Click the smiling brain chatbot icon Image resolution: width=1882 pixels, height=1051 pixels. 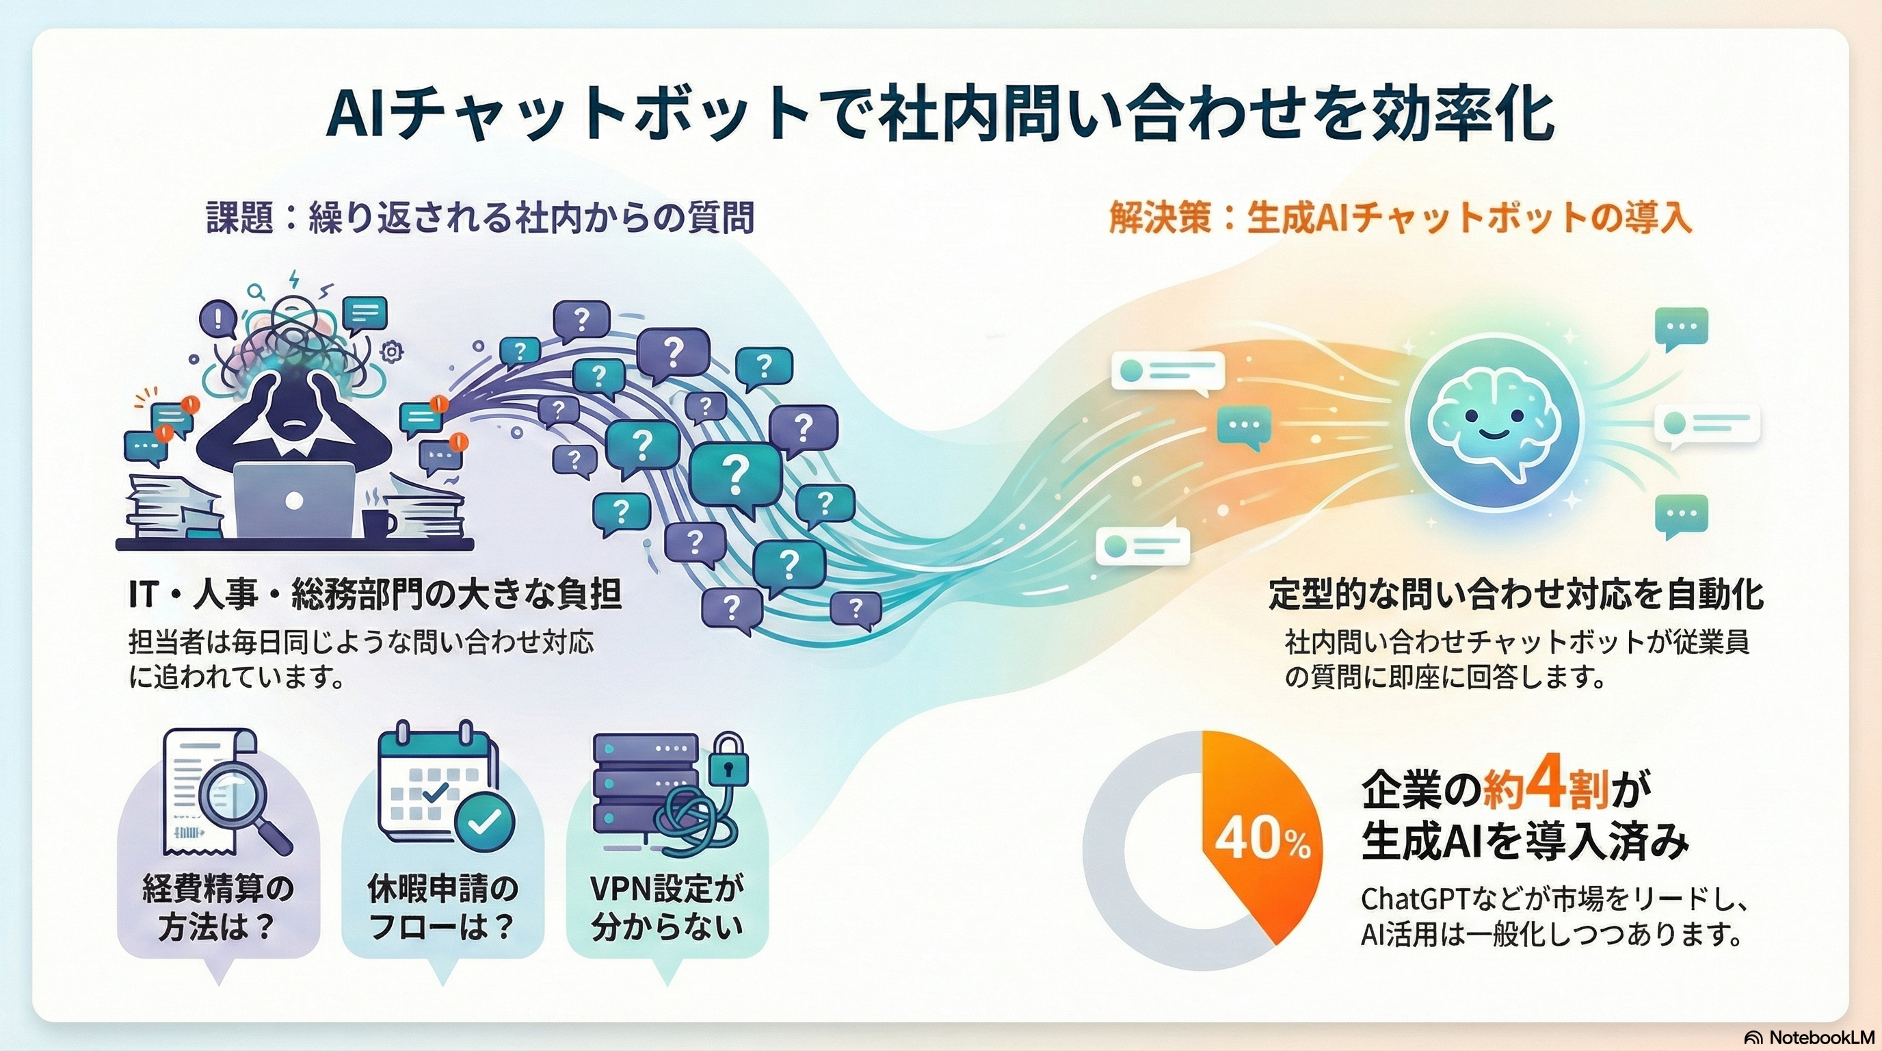(1494, 424)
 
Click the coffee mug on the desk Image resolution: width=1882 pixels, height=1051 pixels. (378, 522)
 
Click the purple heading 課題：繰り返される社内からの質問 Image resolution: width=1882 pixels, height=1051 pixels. (479, 218)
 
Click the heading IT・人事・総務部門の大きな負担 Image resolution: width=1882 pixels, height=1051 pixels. (375, 594)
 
